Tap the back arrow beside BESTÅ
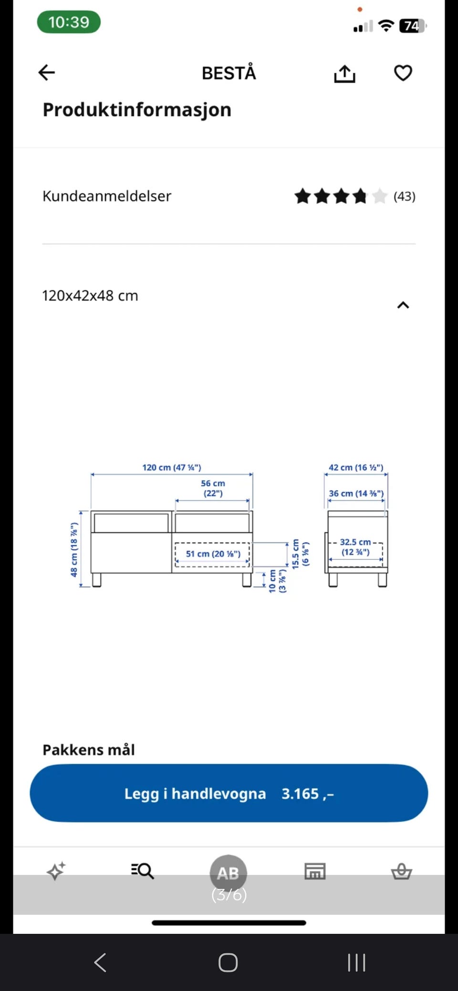click(47, 72)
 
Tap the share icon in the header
click(344, 73)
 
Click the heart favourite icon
click(403, 73)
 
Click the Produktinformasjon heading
click(137, 110)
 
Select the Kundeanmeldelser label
click(107, 196)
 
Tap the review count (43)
click(405, 196)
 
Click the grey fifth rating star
click(379, 196)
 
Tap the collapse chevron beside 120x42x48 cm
click(403, 305)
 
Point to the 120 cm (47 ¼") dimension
click(172, 467)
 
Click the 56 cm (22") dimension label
click(213, 488)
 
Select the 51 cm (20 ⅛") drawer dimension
click(213, 554)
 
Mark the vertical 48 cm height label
click(74, 549)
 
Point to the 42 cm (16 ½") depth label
click(356, 467)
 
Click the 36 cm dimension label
click(356, 493)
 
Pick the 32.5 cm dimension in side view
click(355, 547)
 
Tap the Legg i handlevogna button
click(229, 793)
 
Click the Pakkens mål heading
click(89, 750)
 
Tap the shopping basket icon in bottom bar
click(401, 871)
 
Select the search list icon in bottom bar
click(142, 871)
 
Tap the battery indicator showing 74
click(413, 26)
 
